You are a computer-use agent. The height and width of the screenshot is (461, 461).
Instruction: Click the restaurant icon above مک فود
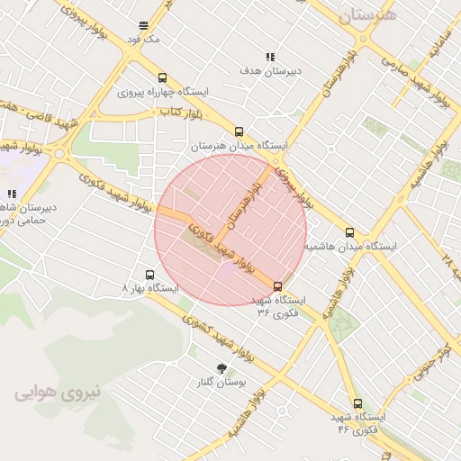144,25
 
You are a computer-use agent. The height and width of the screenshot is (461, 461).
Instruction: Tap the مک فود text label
144,40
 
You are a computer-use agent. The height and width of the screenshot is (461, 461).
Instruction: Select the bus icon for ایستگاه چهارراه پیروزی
162,77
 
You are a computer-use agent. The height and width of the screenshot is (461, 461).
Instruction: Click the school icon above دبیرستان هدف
270,57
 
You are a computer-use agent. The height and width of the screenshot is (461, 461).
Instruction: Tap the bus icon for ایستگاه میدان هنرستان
239,131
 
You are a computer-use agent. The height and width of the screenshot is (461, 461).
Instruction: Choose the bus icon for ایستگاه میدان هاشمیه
350,232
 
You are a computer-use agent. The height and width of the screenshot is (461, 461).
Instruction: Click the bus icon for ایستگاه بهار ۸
149,274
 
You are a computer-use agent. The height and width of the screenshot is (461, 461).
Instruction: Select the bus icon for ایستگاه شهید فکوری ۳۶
277,285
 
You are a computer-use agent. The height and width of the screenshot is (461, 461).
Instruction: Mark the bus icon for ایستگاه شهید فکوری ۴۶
357,403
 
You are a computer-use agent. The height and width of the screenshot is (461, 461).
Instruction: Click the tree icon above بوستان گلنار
221,367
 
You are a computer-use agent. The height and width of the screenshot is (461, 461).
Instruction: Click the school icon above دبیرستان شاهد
12,194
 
